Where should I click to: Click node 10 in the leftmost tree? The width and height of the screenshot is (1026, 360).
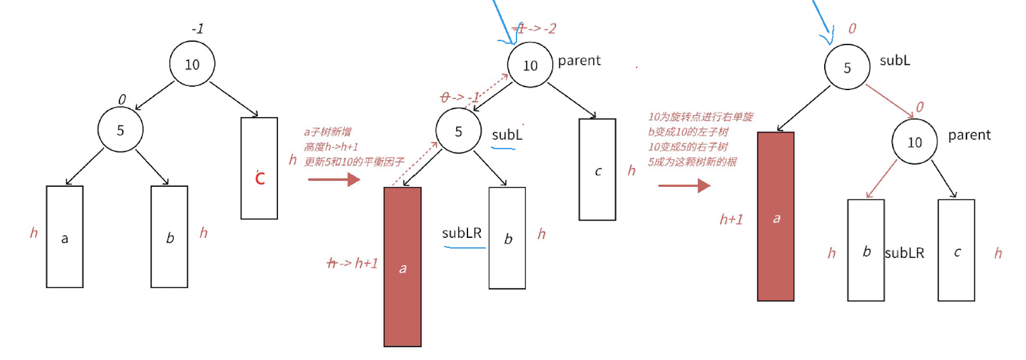click(x=192, y=64)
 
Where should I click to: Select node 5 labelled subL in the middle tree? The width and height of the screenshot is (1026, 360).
click(x=458, y=131)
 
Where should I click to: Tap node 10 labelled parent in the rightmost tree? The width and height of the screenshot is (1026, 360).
click(x=914, y=142)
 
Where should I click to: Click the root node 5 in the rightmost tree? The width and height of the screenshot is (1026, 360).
click(x=846, y=67)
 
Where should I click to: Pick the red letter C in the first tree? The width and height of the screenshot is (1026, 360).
click(x=260, y=178)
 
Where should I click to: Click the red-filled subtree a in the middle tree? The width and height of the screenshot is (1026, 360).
click(x=402, y=267)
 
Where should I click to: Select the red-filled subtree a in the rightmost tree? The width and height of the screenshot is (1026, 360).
click(x=775, y=217)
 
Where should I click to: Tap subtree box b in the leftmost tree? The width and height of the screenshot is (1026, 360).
click(x=169, y=237)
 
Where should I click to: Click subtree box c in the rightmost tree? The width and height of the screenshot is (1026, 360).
click(x=956, y=250)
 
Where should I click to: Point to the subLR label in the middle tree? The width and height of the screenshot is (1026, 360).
click(x=461, y=233)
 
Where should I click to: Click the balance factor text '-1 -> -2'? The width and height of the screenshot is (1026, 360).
click(x=534, y=28)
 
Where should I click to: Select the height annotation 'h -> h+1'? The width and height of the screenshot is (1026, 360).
click(x=352, y=263)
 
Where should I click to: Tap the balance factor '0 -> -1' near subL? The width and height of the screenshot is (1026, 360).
click(x=459, y=98)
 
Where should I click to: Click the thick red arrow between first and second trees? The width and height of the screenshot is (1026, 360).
click(x=334, y=179)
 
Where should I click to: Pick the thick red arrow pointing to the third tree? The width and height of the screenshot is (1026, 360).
click(x=684, y=186)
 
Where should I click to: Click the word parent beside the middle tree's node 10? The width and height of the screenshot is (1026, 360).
click(x=579, y=61)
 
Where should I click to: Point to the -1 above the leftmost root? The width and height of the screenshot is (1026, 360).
click(x=197, y=28)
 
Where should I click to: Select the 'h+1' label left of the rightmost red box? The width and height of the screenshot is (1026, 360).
click(x=731, y=219)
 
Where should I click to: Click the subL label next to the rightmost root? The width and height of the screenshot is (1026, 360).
click(x=895, y=61)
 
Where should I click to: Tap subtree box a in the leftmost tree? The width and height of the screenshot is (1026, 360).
click(x=64, y=237)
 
